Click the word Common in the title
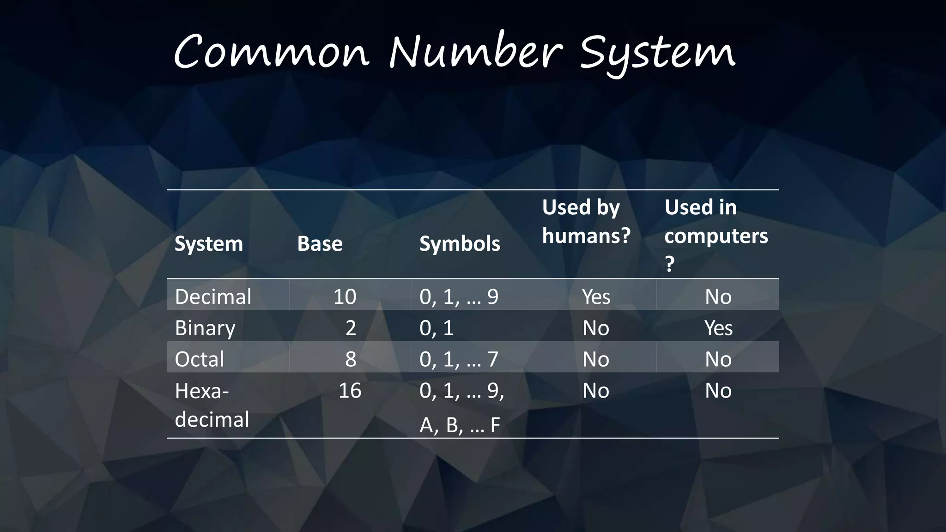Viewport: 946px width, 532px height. tap(272, 52)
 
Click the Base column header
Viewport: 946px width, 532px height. tap(320, 244)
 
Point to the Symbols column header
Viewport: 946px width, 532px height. tap(460, 244)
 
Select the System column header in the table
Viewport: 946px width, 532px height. tap(209, 244)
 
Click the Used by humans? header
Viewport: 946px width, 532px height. tap(586, 221)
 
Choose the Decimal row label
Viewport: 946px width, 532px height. tap(213, 296)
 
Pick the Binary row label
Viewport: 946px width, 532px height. tap(205, 328)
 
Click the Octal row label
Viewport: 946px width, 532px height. tap(199, 359)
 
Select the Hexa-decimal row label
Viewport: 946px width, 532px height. tap(212, 405)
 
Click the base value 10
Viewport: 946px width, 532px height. tap(345, 296)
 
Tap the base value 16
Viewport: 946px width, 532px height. tap(350, 391)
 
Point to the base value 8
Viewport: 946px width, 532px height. tap(351, 359)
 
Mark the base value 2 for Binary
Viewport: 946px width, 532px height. tap(351, 328)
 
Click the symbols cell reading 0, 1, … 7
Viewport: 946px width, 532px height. tap(459, 359)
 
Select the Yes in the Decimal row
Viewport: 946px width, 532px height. tap(596, 296)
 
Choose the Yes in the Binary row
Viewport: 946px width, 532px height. tap(718, 328)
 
